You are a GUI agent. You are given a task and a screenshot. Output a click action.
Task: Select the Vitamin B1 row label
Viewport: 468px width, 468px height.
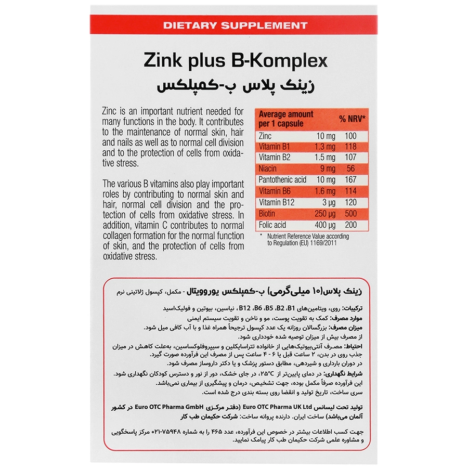click(x=275, y=147)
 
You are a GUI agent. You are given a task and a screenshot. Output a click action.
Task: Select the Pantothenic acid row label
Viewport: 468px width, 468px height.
click(x=282, y=180)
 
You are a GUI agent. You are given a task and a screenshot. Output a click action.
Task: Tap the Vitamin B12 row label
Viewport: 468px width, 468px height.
click(x=277, y=202)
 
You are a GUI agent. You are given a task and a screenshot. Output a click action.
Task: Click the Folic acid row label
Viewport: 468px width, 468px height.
click(x=272, y=225)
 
